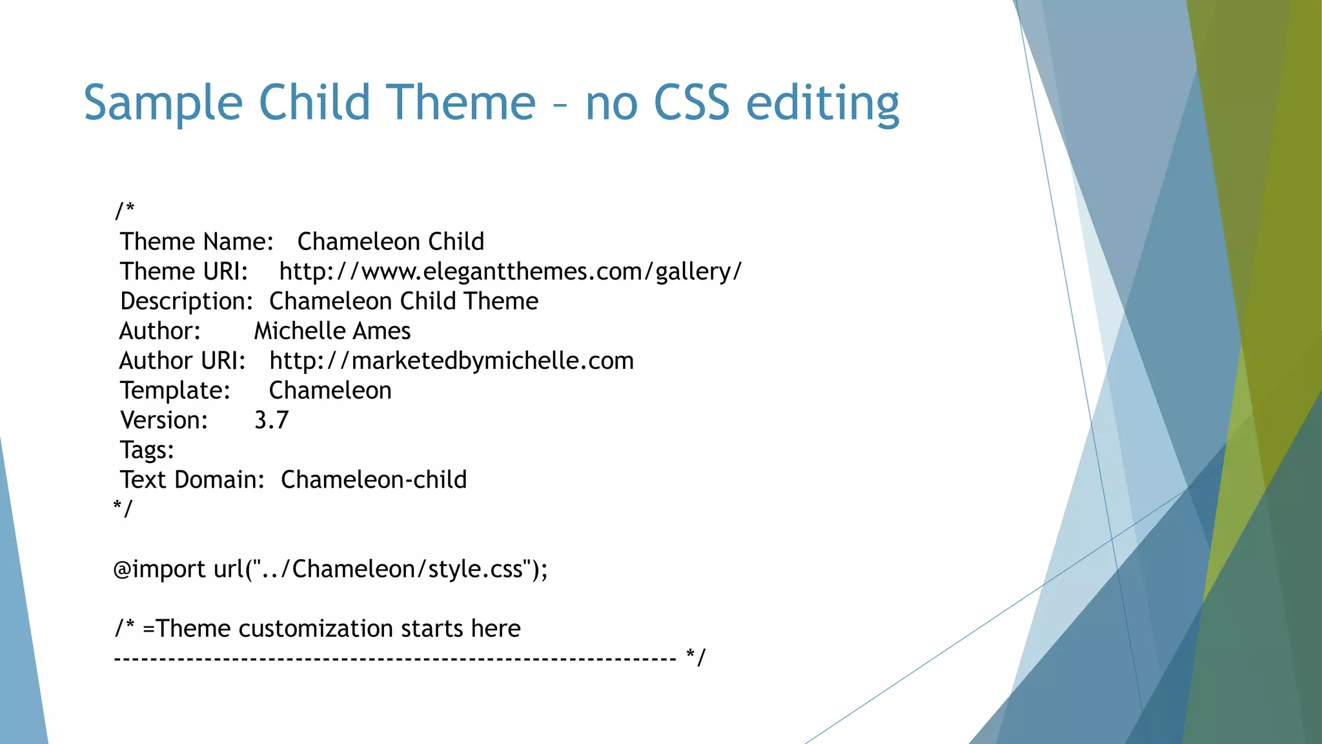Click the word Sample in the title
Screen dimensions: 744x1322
point(163,103)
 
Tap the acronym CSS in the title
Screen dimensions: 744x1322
point(691,103)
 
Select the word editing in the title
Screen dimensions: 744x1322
point(822,103)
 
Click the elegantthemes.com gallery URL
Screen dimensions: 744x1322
point(510,272)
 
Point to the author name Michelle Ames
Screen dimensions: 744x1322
point(332,331)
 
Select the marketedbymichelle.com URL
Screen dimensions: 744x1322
point(451,361)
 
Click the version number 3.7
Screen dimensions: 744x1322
point(271,420)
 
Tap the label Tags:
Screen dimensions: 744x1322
point(147,450)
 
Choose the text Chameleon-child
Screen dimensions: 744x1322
point(373,480)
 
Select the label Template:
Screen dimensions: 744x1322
point(175,391)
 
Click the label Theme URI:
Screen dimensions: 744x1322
point(184,272)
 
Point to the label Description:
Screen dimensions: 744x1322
point(187,302)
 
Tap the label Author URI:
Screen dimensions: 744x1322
point(182,361)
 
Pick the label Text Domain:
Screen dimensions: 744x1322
point(192,480)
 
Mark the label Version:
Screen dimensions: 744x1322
point(164,420)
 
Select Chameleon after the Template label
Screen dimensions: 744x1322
point(330,391)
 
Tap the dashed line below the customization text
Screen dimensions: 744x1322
point(394,659)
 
